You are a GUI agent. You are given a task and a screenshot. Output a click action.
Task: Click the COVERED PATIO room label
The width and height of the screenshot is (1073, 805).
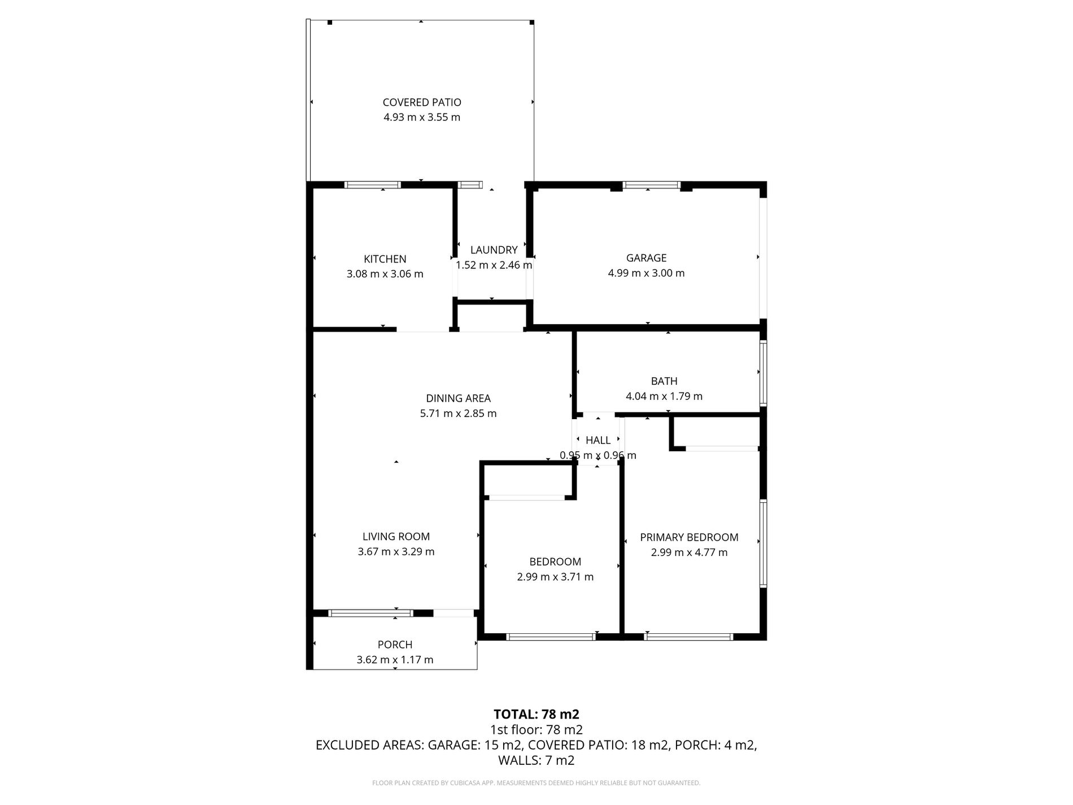pos(422,102)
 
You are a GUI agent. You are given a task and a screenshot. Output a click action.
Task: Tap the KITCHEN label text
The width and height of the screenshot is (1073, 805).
pos(385,259)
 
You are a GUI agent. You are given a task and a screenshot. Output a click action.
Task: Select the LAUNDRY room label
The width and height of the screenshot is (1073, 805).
pos(494,250)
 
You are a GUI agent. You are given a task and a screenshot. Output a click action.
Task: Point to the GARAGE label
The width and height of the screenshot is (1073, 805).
pos(646,258)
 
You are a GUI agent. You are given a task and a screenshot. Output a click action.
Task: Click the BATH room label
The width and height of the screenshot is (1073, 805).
pos(664,381)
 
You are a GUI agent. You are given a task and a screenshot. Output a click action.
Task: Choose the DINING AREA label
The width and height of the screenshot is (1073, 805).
pos(458,398)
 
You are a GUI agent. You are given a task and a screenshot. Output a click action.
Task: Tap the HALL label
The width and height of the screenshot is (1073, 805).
pos(597,440)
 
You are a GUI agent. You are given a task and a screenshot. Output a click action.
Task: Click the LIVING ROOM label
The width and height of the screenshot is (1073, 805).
pos(396,537)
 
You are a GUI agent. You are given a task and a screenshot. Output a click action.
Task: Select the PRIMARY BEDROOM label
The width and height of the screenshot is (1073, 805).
pos(689,537)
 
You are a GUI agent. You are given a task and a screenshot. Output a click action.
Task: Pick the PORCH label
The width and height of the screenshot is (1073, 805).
pos(395,645)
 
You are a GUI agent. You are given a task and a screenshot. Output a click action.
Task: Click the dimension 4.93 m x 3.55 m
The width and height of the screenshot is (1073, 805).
pos(422,118)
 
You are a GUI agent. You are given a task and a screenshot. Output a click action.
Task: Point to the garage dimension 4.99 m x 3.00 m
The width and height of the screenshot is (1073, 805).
pos(646,273)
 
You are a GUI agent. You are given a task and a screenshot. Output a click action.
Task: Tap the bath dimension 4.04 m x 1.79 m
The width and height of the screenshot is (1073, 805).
pos(664,397)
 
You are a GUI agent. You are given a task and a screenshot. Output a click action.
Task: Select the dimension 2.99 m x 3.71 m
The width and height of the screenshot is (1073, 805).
pos(555,577)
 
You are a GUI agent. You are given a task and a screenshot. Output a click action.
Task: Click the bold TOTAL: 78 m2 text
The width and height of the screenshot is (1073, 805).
pos(536,714)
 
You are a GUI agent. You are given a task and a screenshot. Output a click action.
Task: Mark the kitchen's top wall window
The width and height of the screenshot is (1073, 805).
pos(372,185)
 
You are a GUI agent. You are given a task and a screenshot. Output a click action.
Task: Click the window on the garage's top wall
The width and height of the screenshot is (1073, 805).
pos(651,185)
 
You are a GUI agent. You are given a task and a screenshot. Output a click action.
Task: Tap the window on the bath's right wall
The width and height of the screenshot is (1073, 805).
pos(763,373)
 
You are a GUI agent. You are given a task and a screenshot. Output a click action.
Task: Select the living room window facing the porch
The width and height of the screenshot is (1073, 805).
pos(370,613)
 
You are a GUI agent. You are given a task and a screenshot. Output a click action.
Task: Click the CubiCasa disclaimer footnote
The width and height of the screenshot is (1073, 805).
pos(536,783)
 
